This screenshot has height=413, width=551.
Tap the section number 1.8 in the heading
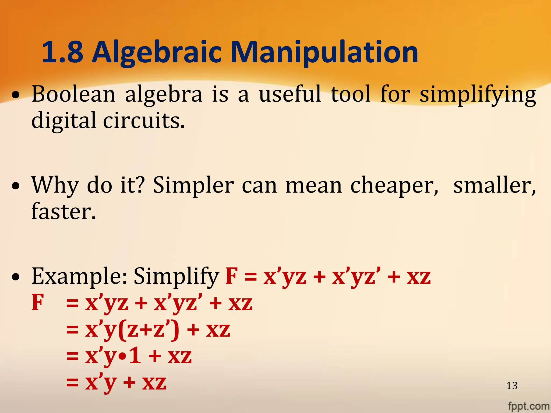(x=62, y=52)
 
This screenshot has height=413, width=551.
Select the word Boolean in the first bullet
(x=73, y=94)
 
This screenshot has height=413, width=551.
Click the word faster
(x=63, y=212)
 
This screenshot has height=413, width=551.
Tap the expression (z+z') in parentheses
(x=148, y=330)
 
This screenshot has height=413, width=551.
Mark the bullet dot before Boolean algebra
(x=16, y=95)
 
